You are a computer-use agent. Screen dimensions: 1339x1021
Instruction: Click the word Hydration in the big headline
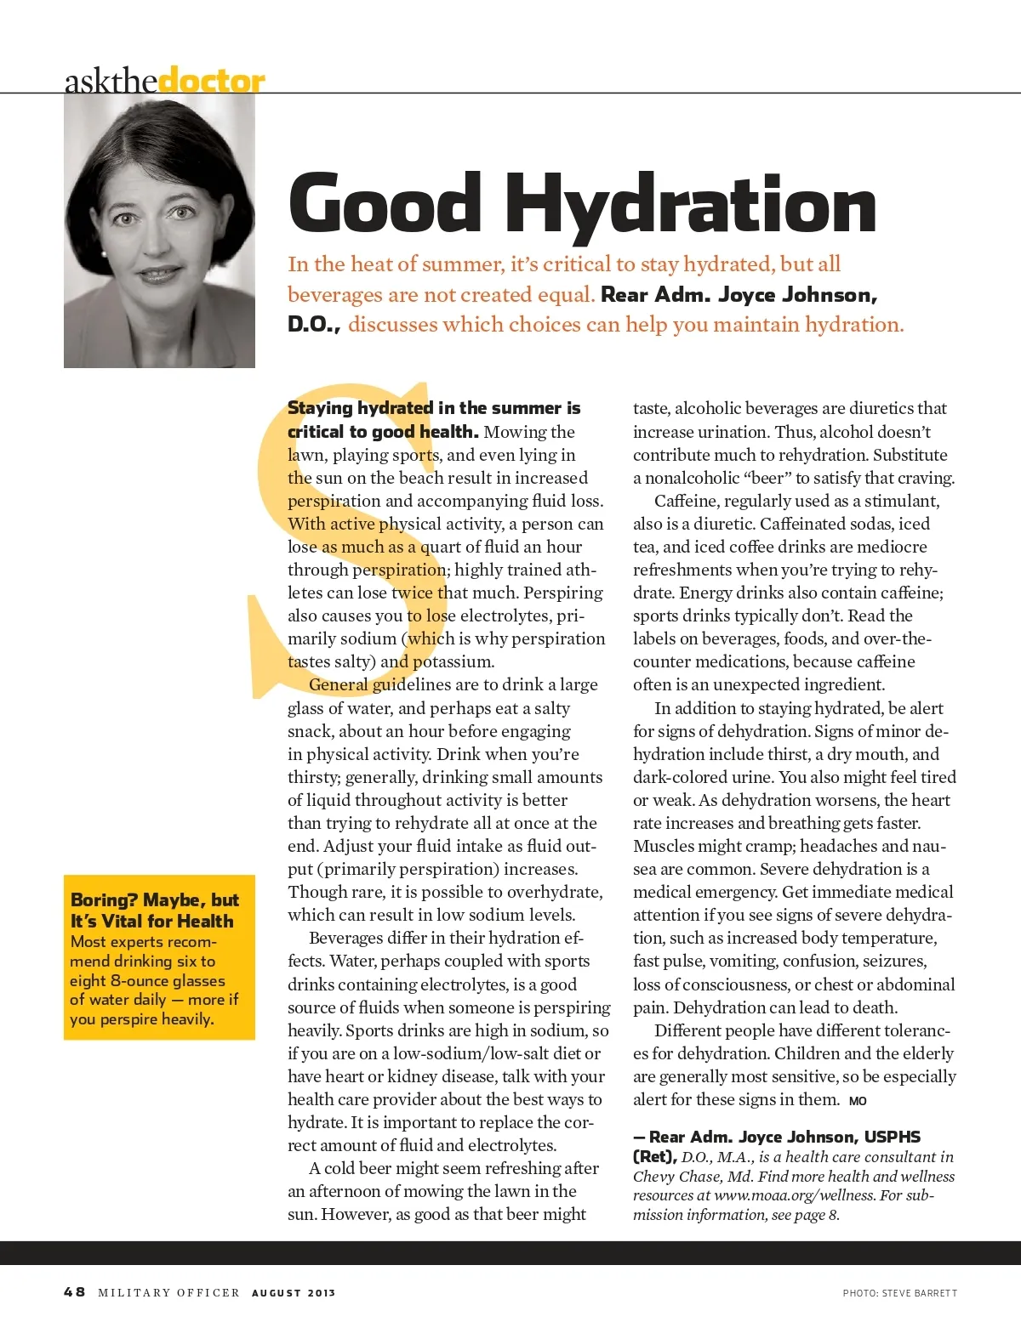pos(691,204)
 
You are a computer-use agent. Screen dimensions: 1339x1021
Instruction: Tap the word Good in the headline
pos(385,204)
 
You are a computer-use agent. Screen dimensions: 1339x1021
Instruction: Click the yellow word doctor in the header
pos(212,81)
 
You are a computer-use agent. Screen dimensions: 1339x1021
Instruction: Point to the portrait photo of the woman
pos(159,230)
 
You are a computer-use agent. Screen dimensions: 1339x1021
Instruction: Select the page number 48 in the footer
pos(75,1291)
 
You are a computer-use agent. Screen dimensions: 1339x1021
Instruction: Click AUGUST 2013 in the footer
pos(294,1292)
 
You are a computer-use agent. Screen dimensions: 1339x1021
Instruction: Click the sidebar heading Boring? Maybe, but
pos(155,899)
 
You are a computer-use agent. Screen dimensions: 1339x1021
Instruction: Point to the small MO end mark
pos(858,1101)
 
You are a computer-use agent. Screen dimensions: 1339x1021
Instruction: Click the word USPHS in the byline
pos(893,1137)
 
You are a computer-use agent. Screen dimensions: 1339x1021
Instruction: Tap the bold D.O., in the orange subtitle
pos(314,324)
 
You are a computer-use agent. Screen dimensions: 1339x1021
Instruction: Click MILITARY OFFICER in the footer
pos(169,1292)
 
